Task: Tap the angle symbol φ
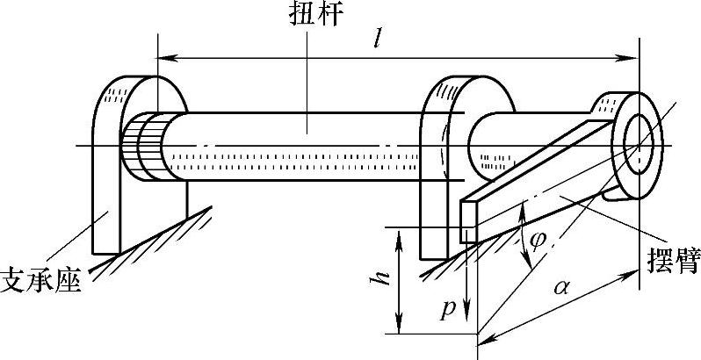pyautogui.click(x=536, y=240)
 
